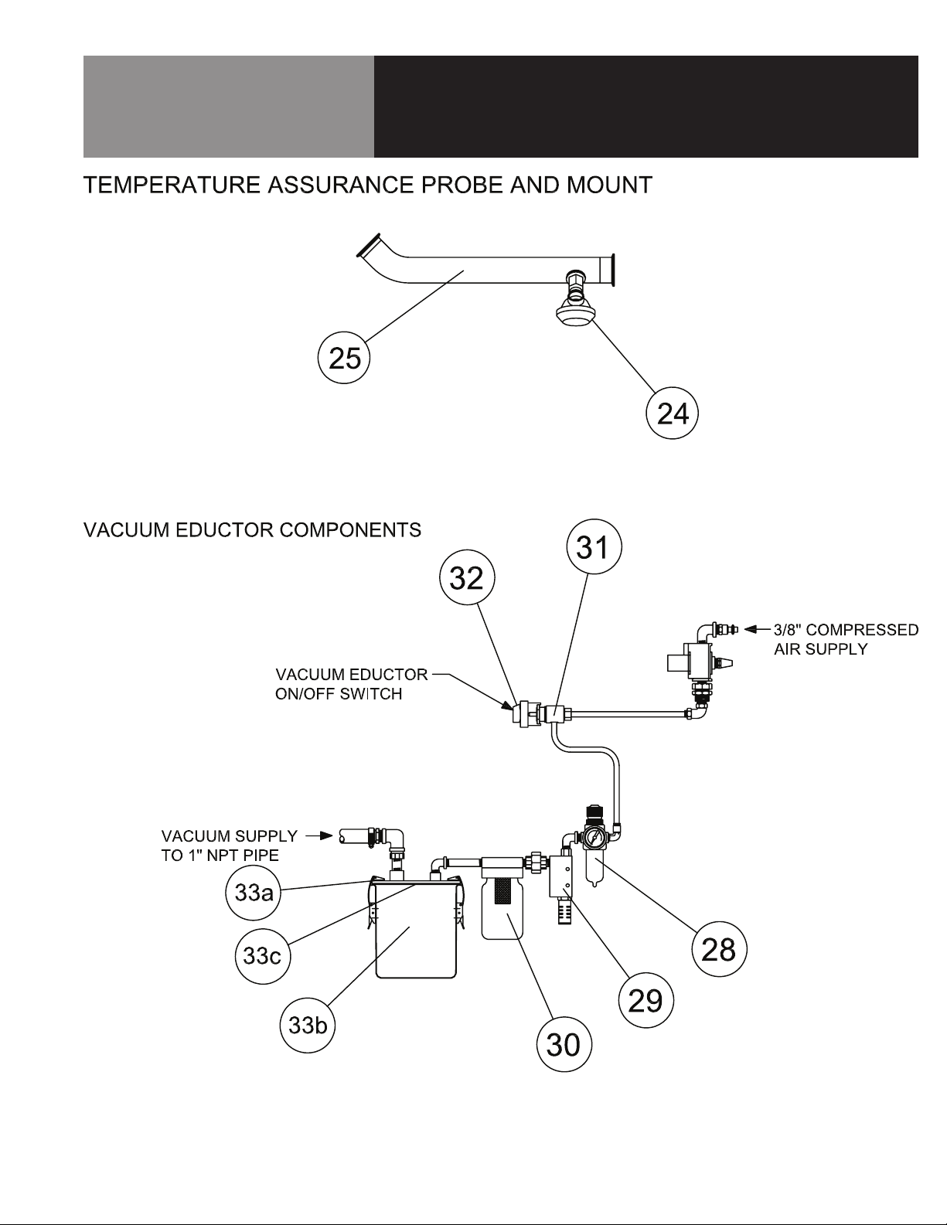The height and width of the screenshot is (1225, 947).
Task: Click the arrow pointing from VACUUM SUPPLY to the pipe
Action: pyautogui.click(x=319, y=835)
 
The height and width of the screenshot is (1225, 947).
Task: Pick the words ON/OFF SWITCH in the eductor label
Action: pyautogui.click(x=339, y=694)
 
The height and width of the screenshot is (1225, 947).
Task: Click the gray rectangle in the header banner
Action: pyautogui.click(x=228, y=106)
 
